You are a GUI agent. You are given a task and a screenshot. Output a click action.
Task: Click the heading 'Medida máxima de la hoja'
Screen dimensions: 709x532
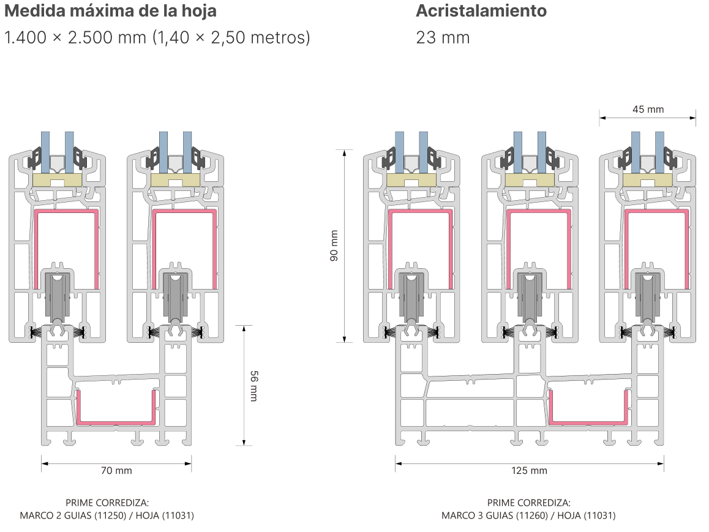tap(110, 11)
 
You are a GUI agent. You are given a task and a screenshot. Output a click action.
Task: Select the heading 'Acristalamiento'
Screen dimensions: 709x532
tap(481, 11)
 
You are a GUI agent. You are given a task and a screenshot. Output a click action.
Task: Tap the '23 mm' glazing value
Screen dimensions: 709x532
tap(443, 37)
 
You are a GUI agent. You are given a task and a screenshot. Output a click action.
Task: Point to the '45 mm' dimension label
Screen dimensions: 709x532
tap(648, 110)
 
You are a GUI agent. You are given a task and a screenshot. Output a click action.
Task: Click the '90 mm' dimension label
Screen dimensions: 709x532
tap(334, 246)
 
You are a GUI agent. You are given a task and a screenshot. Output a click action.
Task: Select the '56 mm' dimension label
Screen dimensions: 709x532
tap(254, 386)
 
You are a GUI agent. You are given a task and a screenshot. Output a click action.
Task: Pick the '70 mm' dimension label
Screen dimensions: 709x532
tap(116, 471)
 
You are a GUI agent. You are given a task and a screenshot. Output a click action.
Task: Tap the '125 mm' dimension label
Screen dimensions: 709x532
tap(529, 471)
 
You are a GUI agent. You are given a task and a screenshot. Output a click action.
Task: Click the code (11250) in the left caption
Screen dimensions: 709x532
tap(110, 515)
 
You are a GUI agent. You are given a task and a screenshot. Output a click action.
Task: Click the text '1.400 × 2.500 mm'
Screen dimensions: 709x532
tap(75, 37)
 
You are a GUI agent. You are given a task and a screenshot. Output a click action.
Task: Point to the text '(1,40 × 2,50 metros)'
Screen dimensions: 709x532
tap(231, 37)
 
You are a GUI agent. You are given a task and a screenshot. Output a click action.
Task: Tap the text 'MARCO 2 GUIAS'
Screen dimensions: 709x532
tap(55, 515)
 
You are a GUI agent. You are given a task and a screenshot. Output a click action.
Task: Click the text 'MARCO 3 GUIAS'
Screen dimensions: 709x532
tap(477, 515)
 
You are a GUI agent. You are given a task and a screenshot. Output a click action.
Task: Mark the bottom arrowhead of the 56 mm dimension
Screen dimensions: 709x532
tap(244, 443)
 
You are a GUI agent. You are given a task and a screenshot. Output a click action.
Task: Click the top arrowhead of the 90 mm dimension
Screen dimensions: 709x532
tap(345, 153)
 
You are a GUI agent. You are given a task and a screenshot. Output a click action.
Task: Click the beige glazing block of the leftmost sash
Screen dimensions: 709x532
tap(58, 179)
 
